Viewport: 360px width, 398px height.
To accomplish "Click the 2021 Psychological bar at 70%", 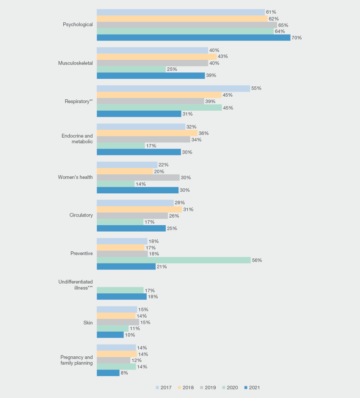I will click(193, 38).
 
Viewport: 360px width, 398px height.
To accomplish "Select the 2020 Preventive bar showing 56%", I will click(174, 260).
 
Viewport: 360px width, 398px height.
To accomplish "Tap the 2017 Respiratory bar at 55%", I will click(173, 88).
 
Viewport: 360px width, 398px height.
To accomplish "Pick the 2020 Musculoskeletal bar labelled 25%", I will click(131, 69).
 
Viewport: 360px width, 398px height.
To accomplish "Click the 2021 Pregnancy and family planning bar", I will click(108, 373).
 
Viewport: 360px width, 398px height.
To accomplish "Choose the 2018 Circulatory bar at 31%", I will click(139, 209).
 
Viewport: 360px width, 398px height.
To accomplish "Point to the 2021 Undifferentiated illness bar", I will click(122, 296).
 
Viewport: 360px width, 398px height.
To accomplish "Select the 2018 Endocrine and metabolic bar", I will click(147, 133).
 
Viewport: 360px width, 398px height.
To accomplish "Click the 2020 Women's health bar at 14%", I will click(116, 184).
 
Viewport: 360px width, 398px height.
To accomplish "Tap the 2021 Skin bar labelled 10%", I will click(110, 335).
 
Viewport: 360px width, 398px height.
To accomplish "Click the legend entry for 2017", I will click(163, 388).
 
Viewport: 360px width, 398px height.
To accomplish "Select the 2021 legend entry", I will click(252, 388).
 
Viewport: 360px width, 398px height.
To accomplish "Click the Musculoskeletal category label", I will click(75, 63).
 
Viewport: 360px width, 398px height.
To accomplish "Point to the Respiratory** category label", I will click(78, 101).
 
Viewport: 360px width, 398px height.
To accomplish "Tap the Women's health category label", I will click(75, 177).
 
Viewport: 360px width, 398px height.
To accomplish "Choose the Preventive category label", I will click(81, 253).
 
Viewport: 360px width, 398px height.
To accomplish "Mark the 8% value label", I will click(124, 373).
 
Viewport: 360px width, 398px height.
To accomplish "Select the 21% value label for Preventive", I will click(162, 266).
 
